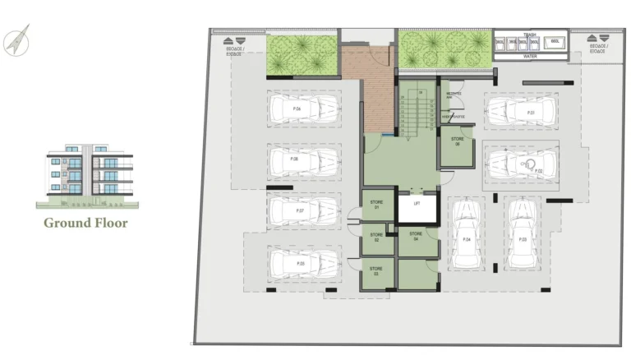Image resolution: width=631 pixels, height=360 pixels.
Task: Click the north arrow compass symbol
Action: (16, 40)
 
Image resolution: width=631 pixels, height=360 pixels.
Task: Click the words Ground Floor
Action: (85, 222)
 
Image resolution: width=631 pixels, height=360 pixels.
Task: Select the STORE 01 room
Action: (377, 205)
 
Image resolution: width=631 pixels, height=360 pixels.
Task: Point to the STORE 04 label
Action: (416, 237)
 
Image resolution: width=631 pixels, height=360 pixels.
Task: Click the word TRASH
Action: (530, 35)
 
